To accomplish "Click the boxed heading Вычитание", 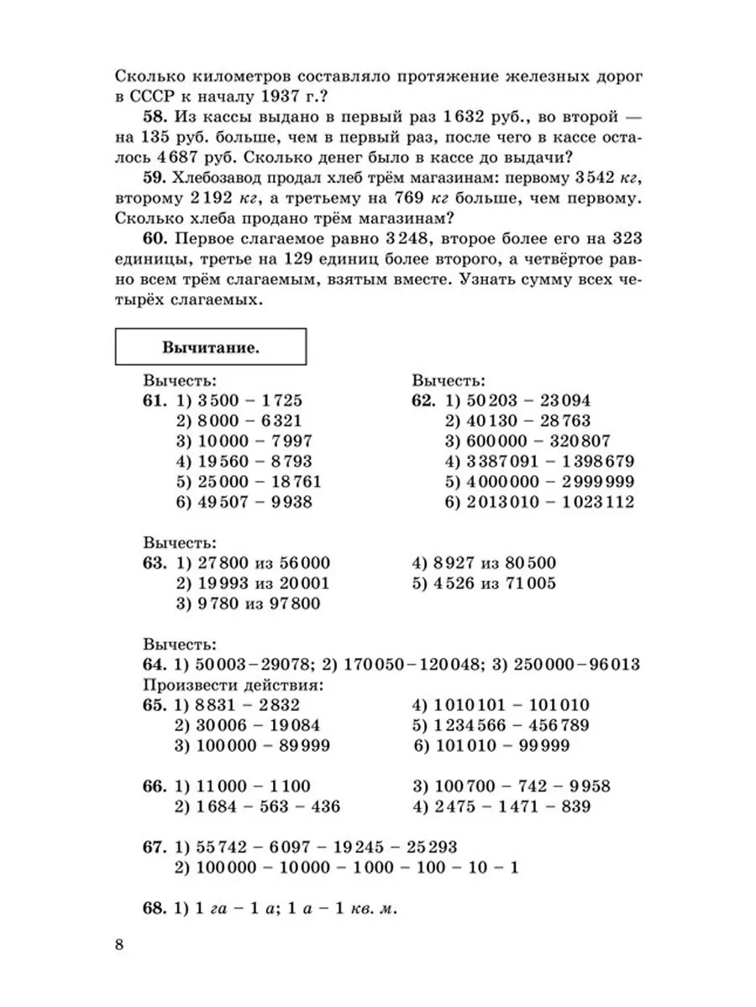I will (210, 346).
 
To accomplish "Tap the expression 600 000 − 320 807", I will (538, 441).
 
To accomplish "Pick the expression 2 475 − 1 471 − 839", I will (512, 806).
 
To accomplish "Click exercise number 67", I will (157, 848).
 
